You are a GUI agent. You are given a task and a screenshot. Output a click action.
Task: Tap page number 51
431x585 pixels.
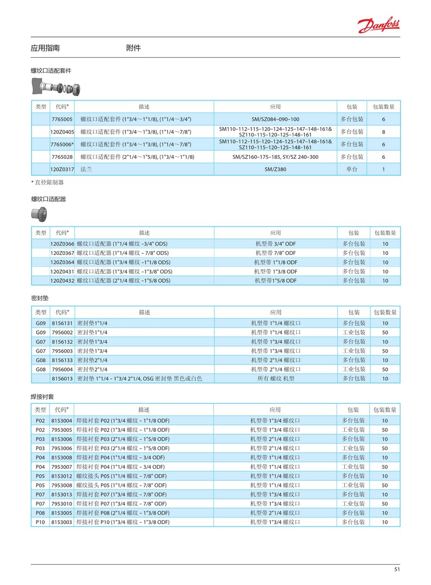pyautogui.click(x=397, y=570)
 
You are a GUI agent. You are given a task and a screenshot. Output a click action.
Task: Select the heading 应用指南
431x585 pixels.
pyautogui.click(x=45, y=48)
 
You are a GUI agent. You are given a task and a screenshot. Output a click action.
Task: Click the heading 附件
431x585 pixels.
pyautogui.click(x=133, y=48)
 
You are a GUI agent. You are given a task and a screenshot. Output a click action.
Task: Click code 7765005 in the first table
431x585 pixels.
pyautogui.click(x=62, y=119)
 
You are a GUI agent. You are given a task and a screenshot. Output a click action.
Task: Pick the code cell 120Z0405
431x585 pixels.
pyautogui.click(x=62, y=132)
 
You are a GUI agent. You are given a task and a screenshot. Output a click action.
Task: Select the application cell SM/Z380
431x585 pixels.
pyautogui.click(x=276, y=169)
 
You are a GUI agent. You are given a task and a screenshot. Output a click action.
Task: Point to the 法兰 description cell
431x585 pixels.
pyautogui.click(x=86, y=169)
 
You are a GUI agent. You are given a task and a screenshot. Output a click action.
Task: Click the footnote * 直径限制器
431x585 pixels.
pyautogui.click(x=47, y=182)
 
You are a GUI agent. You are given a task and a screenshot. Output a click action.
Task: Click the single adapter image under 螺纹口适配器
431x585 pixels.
pyautogui.click(x=39, y=213)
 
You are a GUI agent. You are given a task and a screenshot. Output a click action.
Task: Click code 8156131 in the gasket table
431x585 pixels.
pyautogui.click(x=62, y=323)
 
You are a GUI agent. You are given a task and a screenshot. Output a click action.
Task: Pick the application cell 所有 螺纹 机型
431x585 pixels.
pyautogui.click(x=276, y=378)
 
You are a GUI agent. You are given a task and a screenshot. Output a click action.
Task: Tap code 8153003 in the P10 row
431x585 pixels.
pyautogui.click(x=62, y=522)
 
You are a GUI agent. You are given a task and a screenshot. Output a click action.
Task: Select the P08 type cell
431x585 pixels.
pyautogui.click(x=40, y=513)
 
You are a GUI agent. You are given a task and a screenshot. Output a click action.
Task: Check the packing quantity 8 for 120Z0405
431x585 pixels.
pyautogui.click(x=384, y=132)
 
